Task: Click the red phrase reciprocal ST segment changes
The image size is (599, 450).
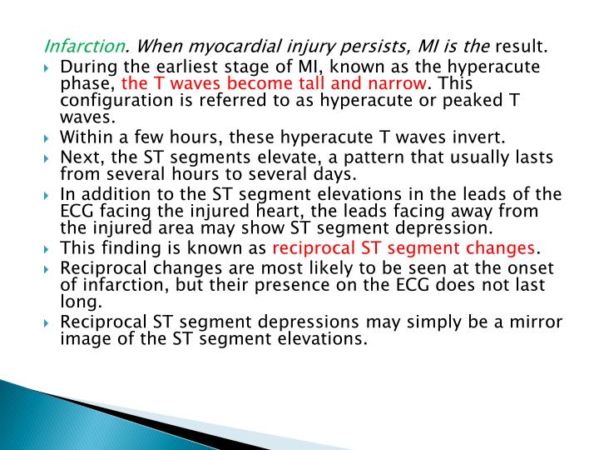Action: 405,248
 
